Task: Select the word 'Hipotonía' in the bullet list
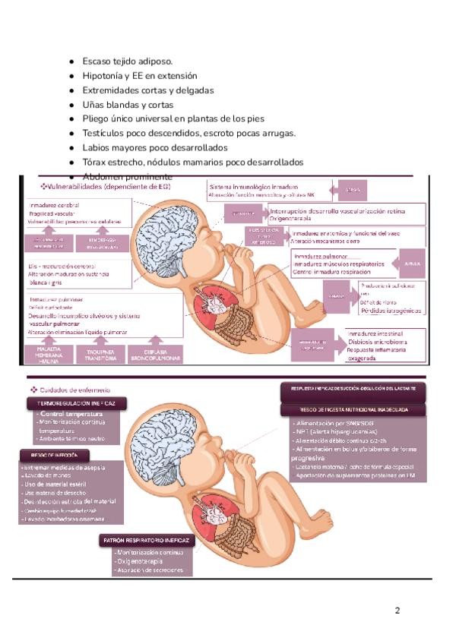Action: pos(104,76)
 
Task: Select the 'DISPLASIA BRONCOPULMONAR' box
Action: pos(154,355)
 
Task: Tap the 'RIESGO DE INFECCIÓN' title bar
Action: pos(54,456)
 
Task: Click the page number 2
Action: pos(397,610)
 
